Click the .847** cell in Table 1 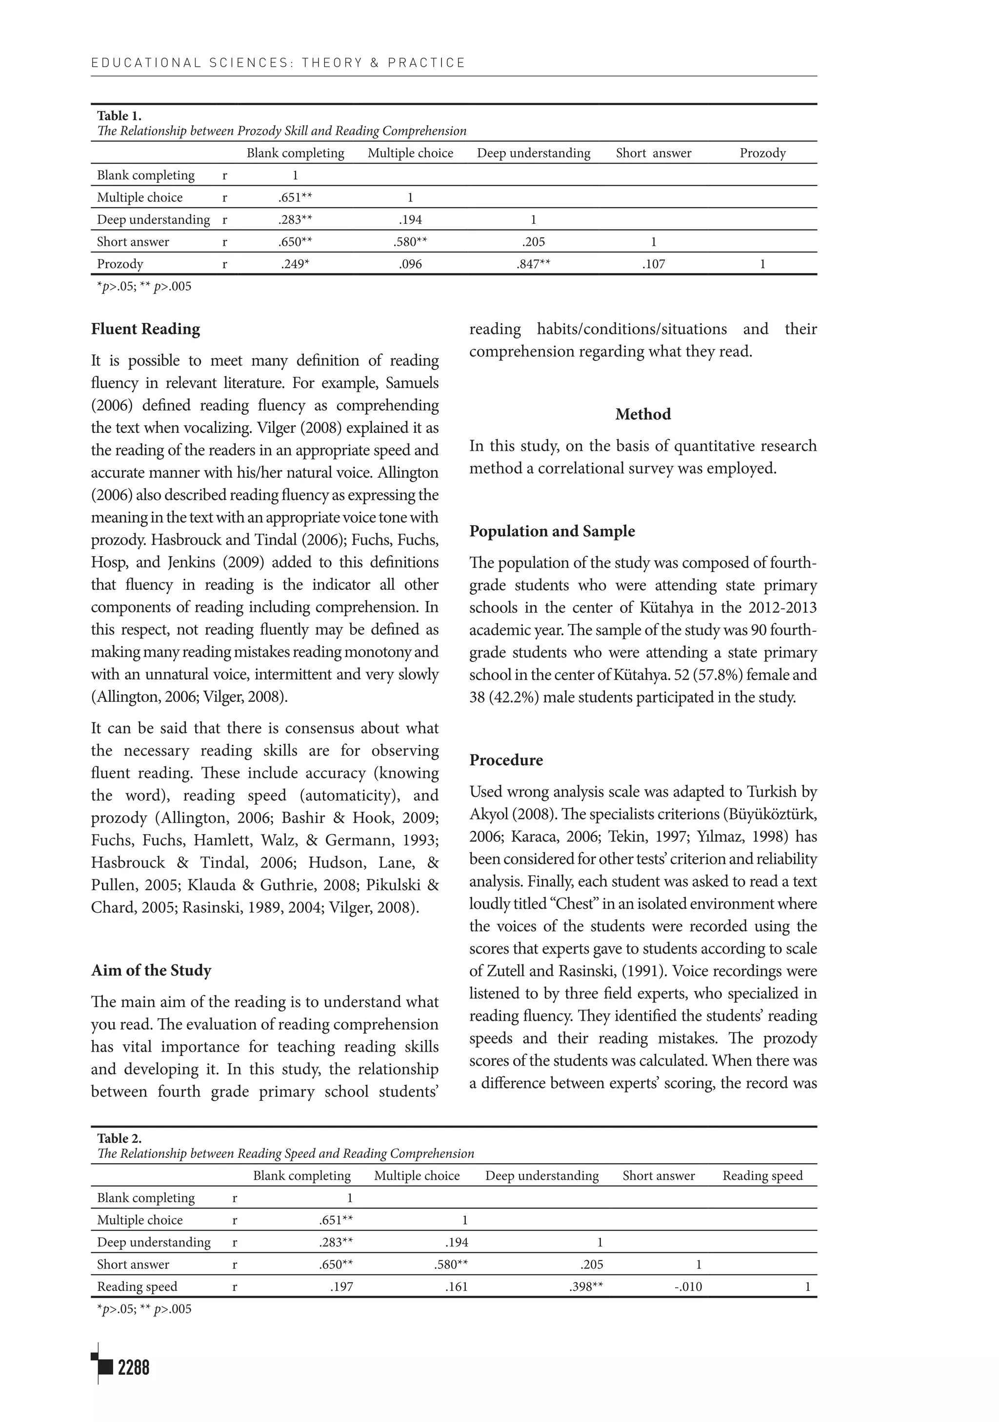(533, 264)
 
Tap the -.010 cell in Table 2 (688, 1286)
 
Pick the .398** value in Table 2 (586, 1286)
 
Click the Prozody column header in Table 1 (762, 153)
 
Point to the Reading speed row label (137, 1286)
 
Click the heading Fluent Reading (146, 329)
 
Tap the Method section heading (642, 414)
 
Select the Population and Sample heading (552, 531)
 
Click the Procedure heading (506, 760)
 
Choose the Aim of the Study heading (151, 970)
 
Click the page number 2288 (133, 1367)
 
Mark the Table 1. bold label (119, 116)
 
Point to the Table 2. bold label (119, 1138)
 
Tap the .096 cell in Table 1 (410, 264)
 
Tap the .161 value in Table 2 (456, 1286)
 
